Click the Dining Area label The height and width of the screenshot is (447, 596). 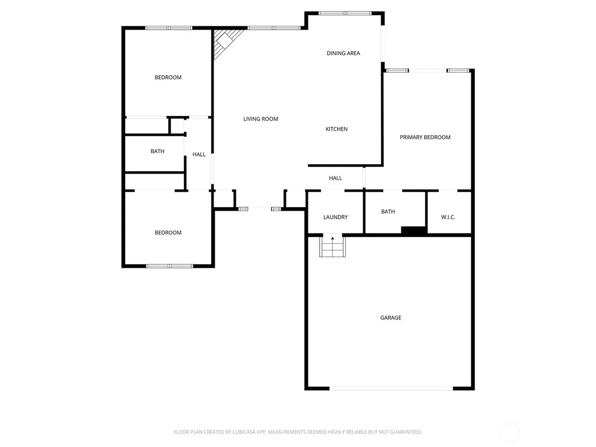[343, 53]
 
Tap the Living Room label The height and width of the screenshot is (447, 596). [261, 119]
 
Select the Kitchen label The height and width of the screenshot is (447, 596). [336, 129]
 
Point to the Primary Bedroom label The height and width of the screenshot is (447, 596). [425, 137]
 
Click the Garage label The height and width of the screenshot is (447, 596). [391, 318]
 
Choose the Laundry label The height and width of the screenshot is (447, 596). [335, 217]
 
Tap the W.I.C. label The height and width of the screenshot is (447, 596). [448, 217]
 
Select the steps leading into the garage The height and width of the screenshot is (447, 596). [332, 246]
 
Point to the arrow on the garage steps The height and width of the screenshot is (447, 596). [332, 239]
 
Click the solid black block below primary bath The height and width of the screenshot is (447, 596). [414, 230]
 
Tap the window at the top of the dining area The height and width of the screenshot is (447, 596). [345, 13]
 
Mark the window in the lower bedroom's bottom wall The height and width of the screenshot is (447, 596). [169, 266]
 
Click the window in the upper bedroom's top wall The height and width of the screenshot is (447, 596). [169, 28]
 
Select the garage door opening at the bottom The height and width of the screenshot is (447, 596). [391, 388]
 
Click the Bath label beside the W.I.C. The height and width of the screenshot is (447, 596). [388, 212]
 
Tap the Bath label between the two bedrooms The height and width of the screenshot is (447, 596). [157, 151]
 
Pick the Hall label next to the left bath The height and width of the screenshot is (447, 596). [199, 154]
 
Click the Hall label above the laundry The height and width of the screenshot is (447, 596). [335, 178]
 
